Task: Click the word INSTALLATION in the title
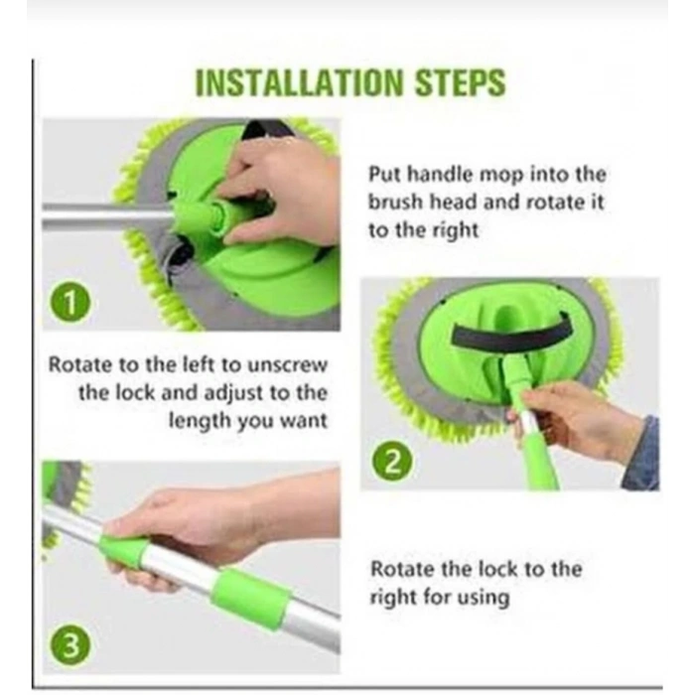(x=300, y=82)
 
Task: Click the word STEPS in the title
(x=461, y=82)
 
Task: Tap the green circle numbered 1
(x=70, y=304)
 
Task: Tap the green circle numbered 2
(x=392, y=463)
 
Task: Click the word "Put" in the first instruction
(x=385, y=174)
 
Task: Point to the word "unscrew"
(x=287, y=364)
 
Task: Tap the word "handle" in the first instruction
(x=440, y=174)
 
